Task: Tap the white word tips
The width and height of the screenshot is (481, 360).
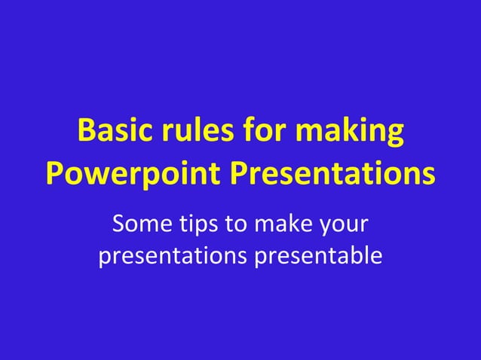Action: [x=196, y=224]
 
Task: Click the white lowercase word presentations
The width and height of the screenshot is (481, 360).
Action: [x=170, y=257]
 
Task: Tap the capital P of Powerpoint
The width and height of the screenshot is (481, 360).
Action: [x=54, y=173]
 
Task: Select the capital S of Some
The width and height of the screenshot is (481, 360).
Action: [x=118, y=224]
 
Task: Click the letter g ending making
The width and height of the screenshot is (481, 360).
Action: [x=394, y=136]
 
